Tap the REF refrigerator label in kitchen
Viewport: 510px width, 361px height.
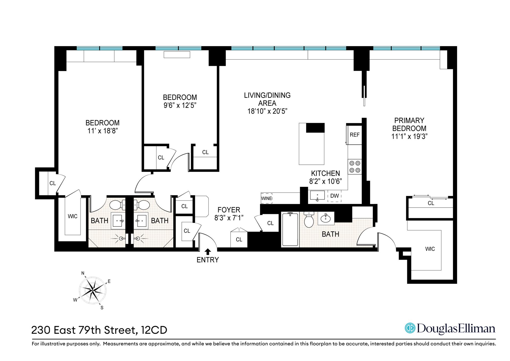(355, 135)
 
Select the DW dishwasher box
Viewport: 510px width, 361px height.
(334, 196)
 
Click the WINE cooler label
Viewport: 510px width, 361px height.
(266, 198)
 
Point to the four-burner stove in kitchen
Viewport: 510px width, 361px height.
(355, 167)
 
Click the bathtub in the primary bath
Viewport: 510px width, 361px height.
(290, 229)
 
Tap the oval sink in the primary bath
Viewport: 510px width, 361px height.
(326, 219)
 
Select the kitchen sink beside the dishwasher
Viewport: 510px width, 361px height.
(317, 195)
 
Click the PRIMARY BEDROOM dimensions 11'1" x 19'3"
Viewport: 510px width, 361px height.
(409, 137)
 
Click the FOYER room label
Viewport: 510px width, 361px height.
(229, 210)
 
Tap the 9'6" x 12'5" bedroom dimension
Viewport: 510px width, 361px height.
(180, 106)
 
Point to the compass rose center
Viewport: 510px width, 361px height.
(93, 290)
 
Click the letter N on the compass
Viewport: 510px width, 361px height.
(83, 273)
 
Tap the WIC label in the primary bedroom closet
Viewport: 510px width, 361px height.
(430, 249)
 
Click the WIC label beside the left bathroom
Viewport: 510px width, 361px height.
(73, 216)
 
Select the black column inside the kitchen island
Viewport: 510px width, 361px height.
(315, 128)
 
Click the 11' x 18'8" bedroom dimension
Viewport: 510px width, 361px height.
(103, 131)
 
